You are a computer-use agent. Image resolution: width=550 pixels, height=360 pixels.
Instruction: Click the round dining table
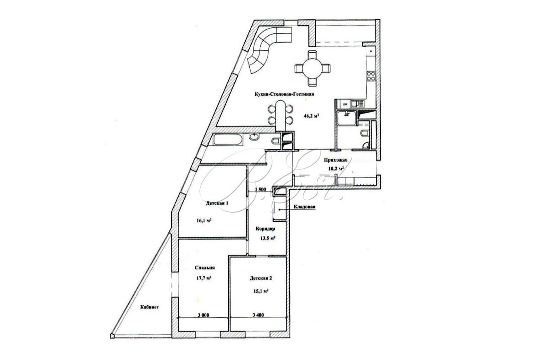click(x=312, y=69)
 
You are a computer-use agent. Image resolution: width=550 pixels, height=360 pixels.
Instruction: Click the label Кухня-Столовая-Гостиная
click(x=285, y=94)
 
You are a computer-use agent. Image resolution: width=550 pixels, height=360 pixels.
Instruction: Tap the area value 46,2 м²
click(x=311, y=116)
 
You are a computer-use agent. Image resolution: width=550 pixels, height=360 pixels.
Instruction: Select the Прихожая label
click(x=335, y=160)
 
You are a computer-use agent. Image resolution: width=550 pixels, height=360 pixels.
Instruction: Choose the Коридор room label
click(x=265, y=229)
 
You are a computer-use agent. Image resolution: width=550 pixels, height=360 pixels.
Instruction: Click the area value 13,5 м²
click(x=266, y=238)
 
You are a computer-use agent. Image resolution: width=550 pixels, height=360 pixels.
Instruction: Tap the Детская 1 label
click(x=217, y=203)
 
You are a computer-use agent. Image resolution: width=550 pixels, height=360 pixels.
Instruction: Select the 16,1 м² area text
click(x=204, y=220)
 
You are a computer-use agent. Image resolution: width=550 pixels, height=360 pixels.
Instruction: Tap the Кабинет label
click(x=150, y=307)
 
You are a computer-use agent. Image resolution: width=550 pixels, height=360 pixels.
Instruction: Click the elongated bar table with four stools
click(x=280, y=114)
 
